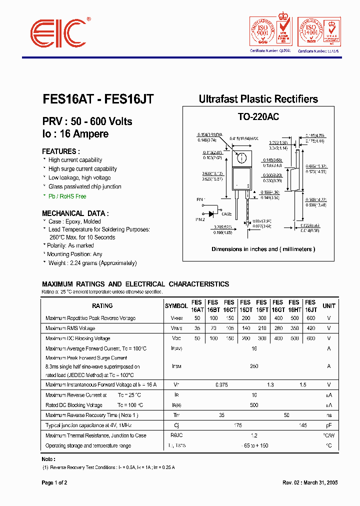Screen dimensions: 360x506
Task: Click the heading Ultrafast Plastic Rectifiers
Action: [258, 99]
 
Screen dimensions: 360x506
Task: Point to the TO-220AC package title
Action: [258, 117]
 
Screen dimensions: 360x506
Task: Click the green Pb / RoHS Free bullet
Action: [67, 196]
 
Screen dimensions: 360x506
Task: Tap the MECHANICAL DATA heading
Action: [74, 212]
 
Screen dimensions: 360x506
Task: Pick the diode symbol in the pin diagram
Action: [211, 213]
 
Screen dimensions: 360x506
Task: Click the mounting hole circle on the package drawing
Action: [241, 158]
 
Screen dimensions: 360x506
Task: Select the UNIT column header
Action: [329, 306]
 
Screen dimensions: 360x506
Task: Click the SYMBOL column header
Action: [176, 306]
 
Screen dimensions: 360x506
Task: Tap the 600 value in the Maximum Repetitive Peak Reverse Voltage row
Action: [310, 318]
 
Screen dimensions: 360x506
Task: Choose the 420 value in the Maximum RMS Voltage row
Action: [310, 328]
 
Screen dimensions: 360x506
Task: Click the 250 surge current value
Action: [254, 366]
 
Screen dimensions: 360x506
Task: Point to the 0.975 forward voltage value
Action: [221, 384]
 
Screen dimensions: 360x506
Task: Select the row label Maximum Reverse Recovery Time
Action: [91, 415]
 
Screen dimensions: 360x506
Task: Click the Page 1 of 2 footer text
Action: [54, 483]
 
